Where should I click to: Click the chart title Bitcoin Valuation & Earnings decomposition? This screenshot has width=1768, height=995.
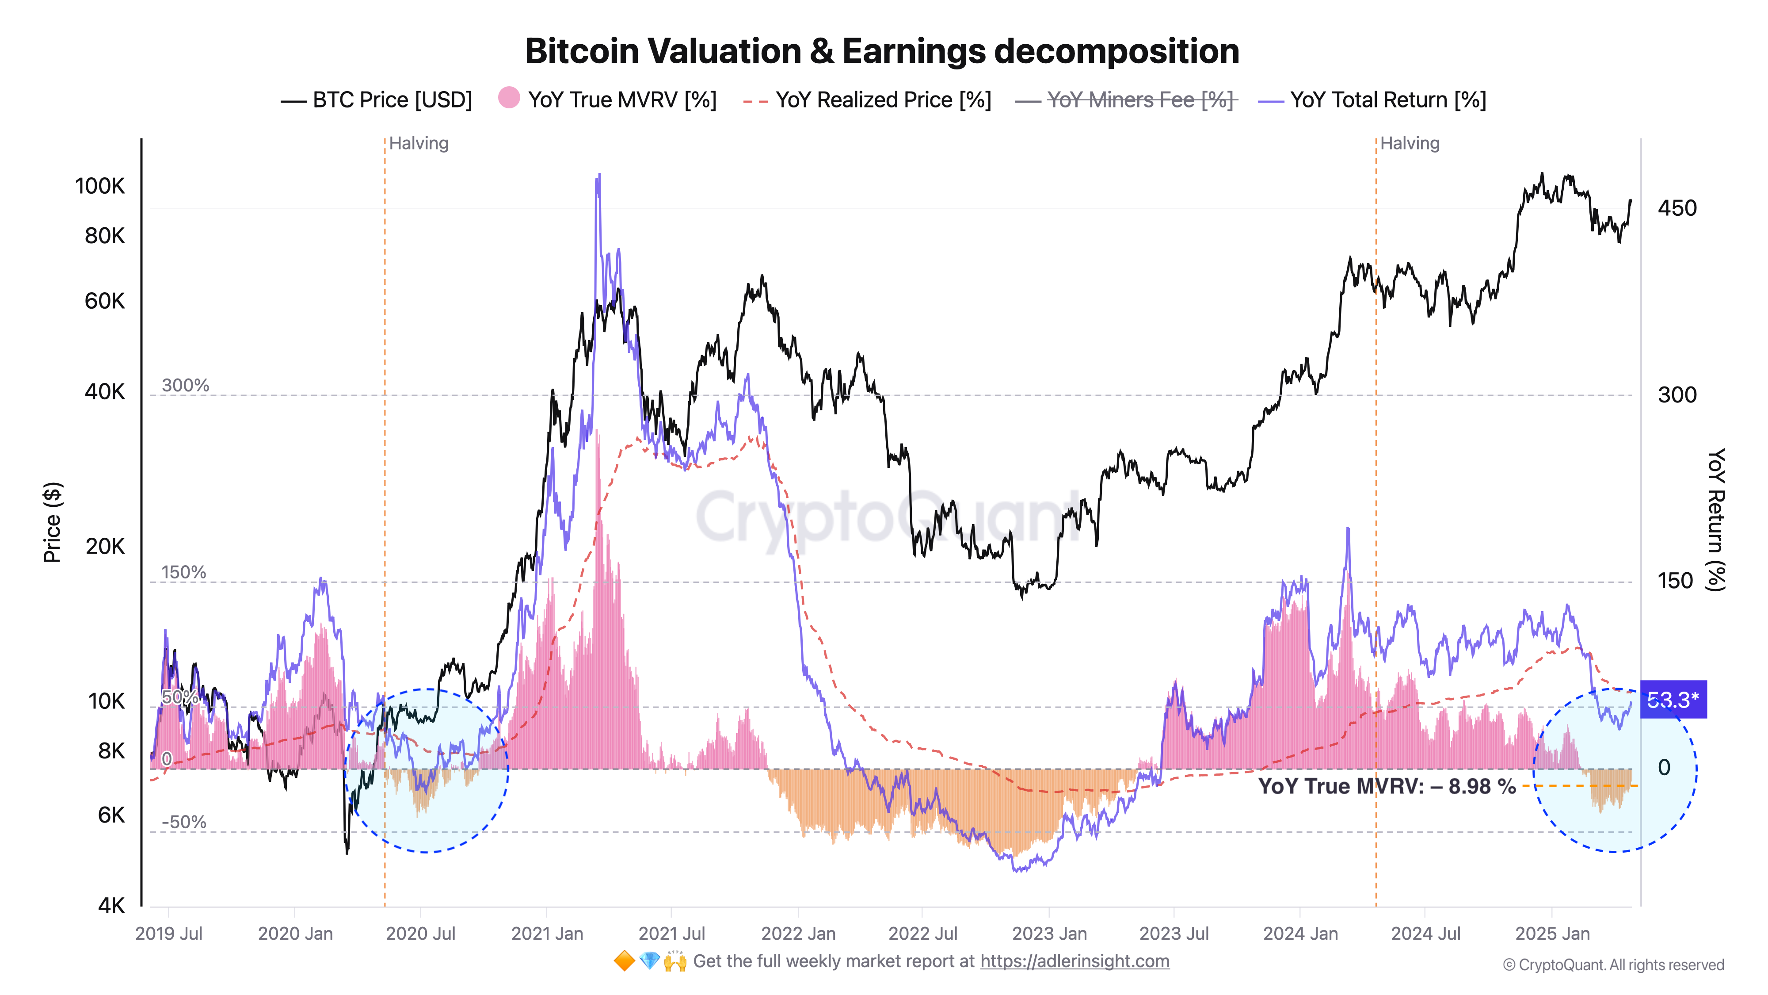[x=882, y=51]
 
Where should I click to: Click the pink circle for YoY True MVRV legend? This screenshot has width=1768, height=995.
[x=509, y=98]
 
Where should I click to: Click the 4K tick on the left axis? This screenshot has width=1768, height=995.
[x=111, y=905]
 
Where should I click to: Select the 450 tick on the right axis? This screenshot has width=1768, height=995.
[x=1677, y=208]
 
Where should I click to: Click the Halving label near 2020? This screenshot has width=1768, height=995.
[x=419, y=144]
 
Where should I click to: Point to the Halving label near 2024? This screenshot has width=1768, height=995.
[x=1410, y=144]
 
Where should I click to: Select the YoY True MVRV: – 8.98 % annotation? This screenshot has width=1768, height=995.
[x=1387, y=786]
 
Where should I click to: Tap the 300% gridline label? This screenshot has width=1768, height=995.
[x=185, y=385]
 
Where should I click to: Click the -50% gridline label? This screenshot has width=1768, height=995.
[x=184, y=822]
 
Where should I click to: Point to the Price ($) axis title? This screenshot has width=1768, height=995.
[x=52, y=522]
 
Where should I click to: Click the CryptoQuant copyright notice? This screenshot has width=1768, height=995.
[x=1613, y=965]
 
